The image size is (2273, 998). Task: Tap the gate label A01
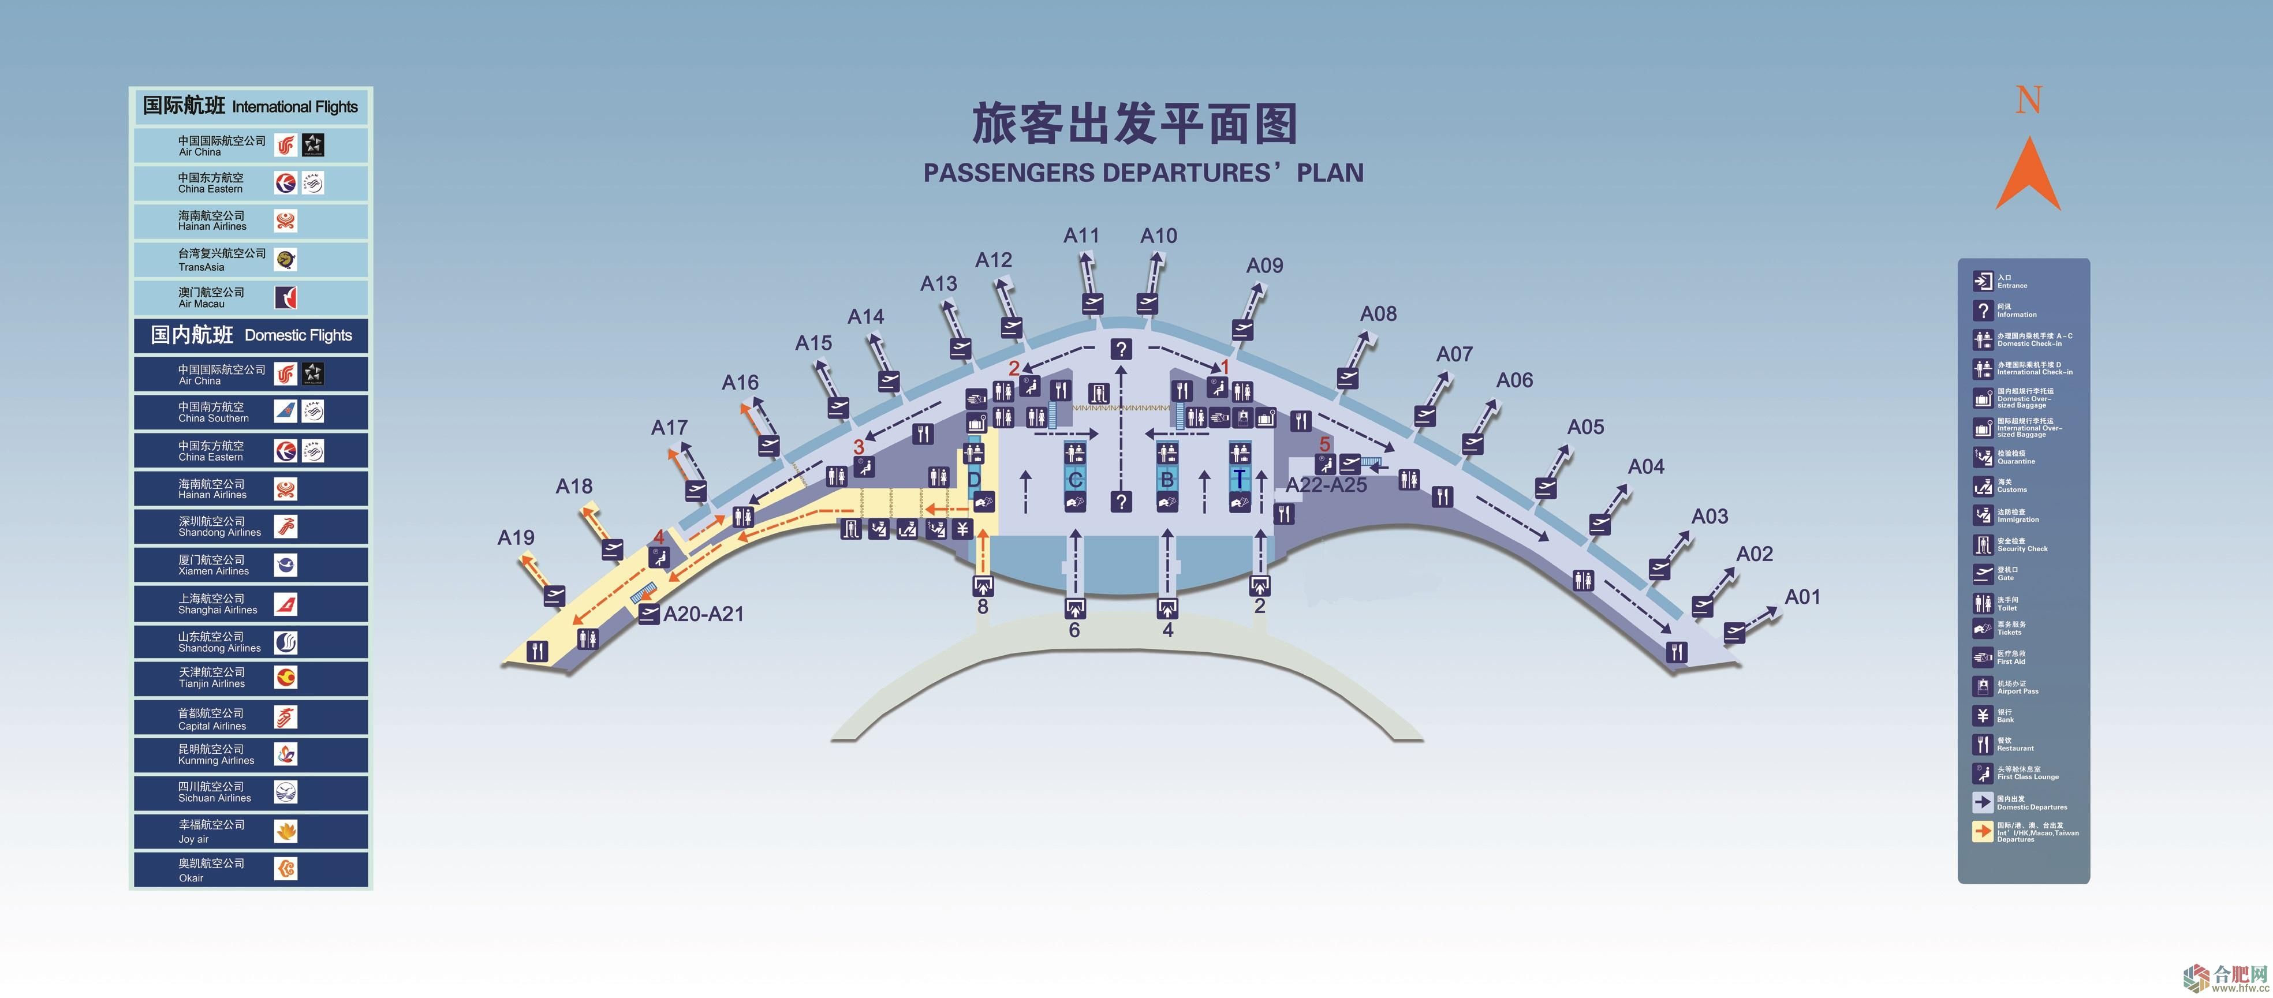pos(1802,596)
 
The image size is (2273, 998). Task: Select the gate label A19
pos(516,537)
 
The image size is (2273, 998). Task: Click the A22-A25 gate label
pos(1326,484)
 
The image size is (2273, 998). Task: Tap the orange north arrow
pos(2028,174)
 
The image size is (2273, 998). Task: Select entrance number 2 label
pos(1259,606)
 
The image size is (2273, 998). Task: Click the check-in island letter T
pos(1239,479)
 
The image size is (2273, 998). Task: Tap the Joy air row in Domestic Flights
pos(251,831)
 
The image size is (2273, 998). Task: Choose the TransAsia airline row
pos(251,259)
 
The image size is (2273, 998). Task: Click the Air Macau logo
pos(286,297)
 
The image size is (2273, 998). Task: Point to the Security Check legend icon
pos(1982,544)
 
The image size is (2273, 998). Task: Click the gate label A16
pos(740,382)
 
